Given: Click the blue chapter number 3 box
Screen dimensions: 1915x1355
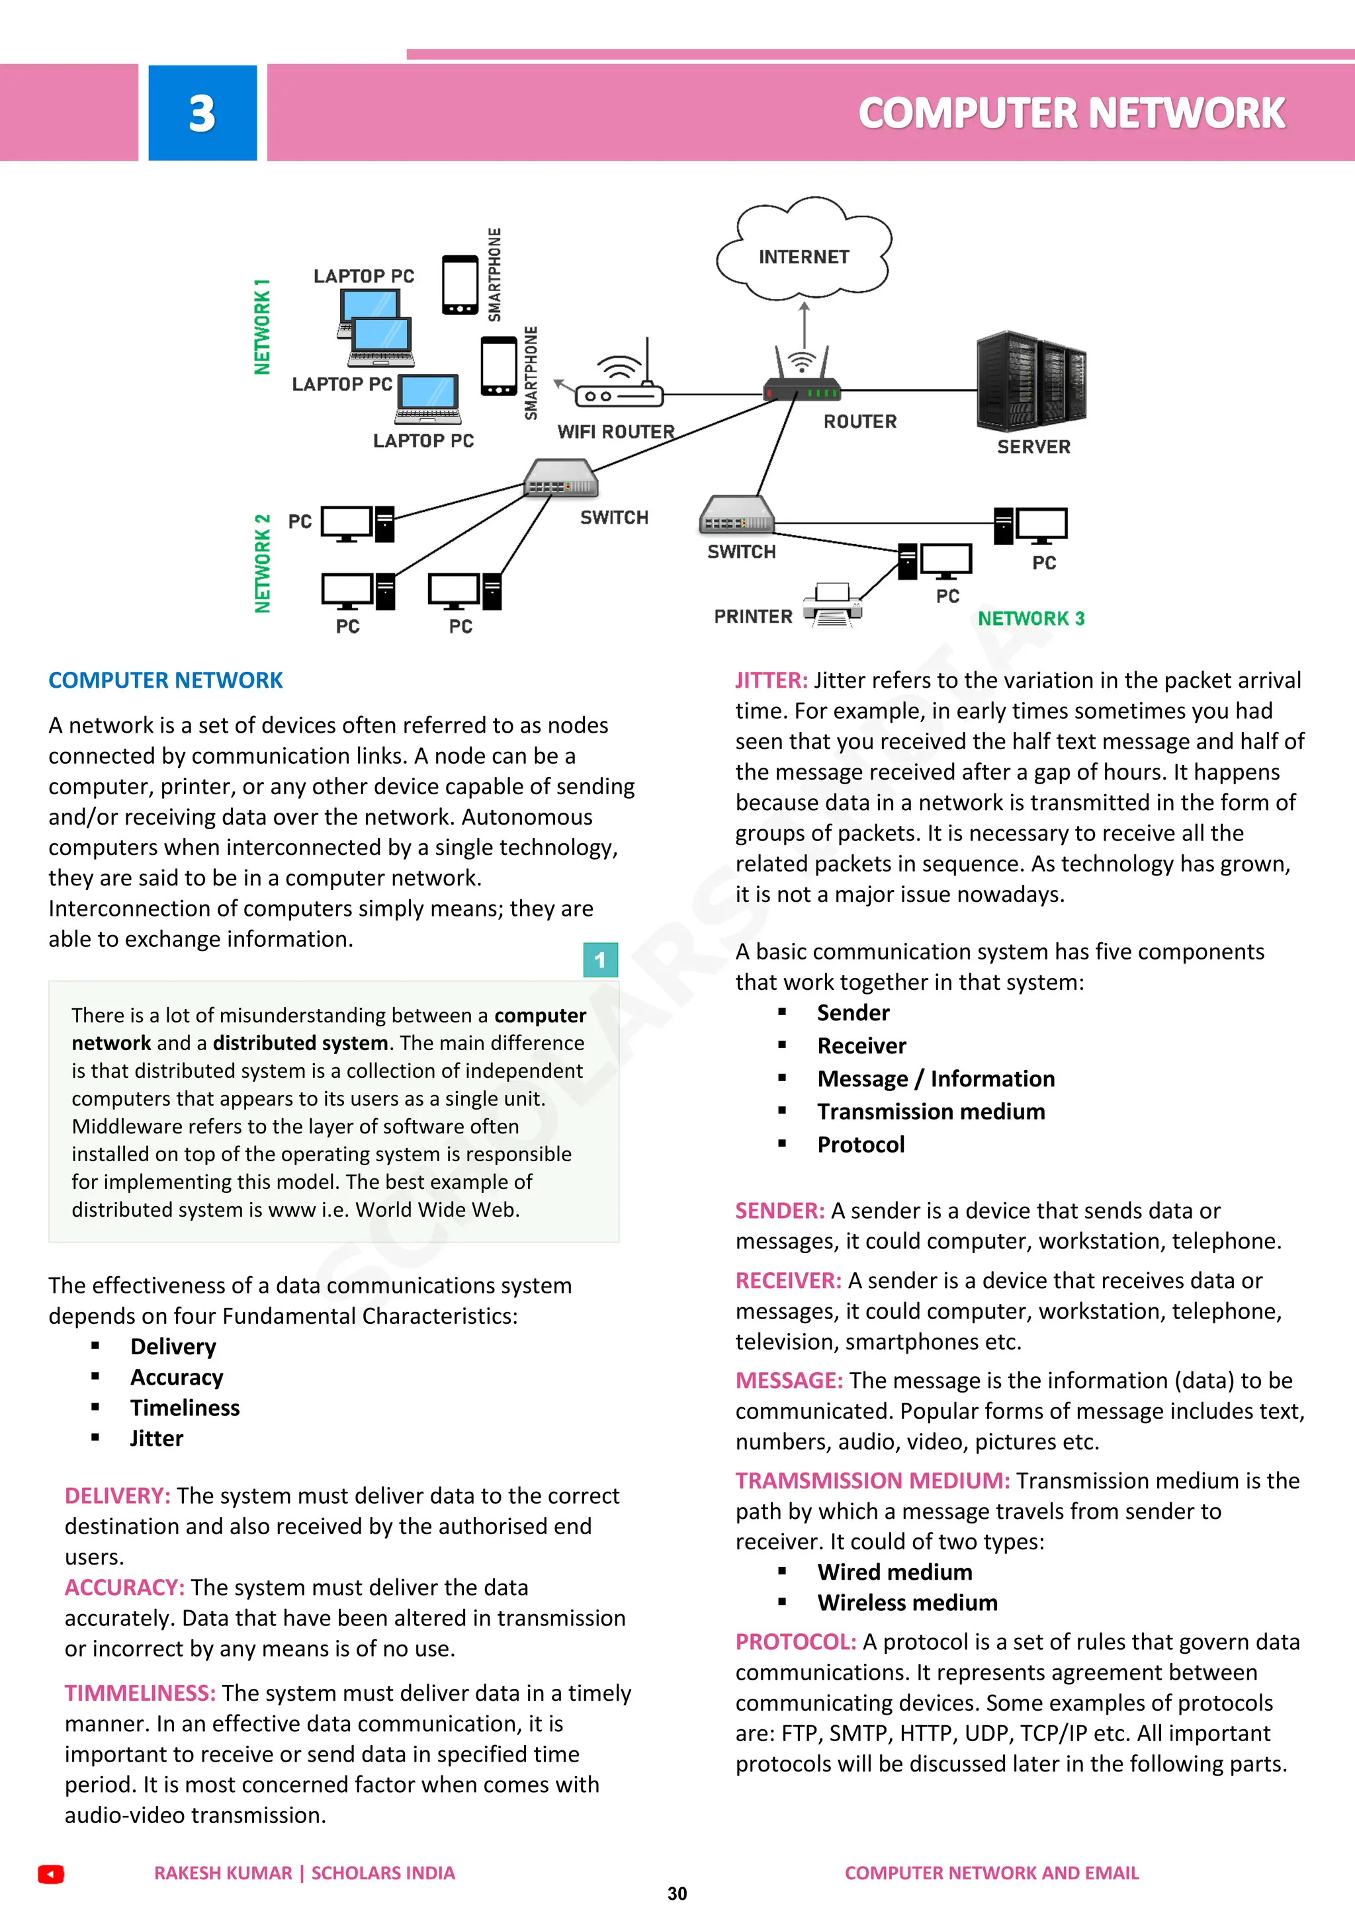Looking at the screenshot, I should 202,112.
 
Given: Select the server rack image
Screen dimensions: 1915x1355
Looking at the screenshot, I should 1031,382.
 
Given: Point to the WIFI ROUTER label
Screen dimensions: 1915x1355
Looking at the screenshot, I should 616,432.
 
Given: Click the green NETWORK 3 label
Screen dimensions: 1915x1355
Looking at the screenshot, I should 1031,619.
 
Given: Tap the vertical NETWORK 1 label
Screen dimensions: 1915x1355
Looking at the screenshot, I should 262,327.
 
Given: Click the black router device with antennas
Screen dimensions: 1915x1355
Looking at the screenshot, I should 802,380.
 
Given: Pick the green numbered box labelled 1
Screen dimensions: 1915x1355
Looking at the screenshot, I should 600,960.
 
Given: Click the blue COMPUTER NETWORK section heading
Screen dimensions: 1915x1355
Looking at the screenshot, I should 165,680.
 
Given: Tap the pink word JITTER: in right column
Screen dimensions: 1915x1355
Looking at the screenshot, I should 771,680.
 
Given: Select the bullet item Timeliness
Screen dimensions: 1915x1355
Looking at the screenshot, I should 185,1408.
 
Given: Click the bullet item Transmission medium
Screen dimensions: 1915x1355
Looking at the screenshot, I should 930,1112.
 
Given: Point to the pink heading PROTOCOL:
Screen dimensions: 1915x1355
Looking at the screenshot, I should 795,1643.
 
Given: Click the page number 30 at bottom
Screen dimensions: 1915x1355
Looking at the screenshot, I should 677,1894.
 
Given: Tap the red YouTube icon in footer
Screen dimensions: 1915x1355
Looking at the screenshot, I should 51,1874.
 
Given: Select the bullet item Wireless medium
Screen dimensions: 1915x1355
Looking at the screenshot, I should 907,1603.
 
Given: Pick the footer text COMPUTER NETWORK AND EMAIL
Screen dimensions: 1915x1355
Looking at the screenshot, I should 991,1873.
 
